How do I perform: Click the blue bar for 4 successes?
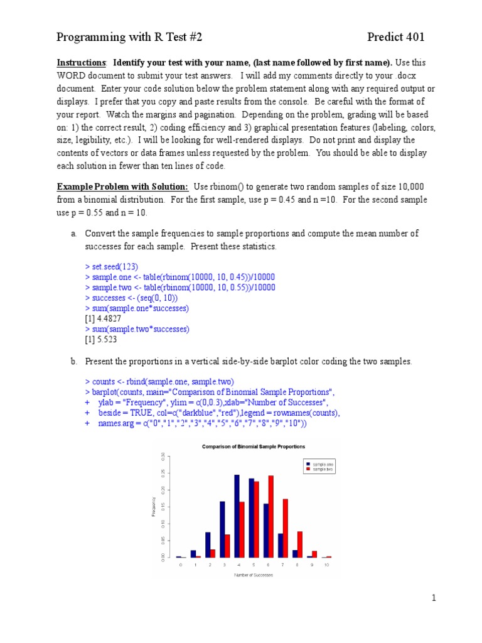237,516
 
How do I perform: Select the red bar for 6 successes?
270,516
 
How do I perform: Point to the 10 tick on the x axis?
326,565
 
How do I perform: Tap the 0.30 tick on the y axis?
163,457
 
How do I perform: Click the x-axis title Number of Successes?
254,575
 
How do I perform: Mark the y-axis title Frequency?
154,507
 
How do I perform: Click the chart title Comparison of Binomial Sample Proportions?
253,446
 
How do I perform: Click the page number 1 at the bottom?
433,598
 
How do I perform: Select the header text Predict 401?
396,37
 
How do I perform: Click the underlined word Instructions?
82,63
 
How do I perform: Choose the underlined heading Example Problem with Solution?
122,187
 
